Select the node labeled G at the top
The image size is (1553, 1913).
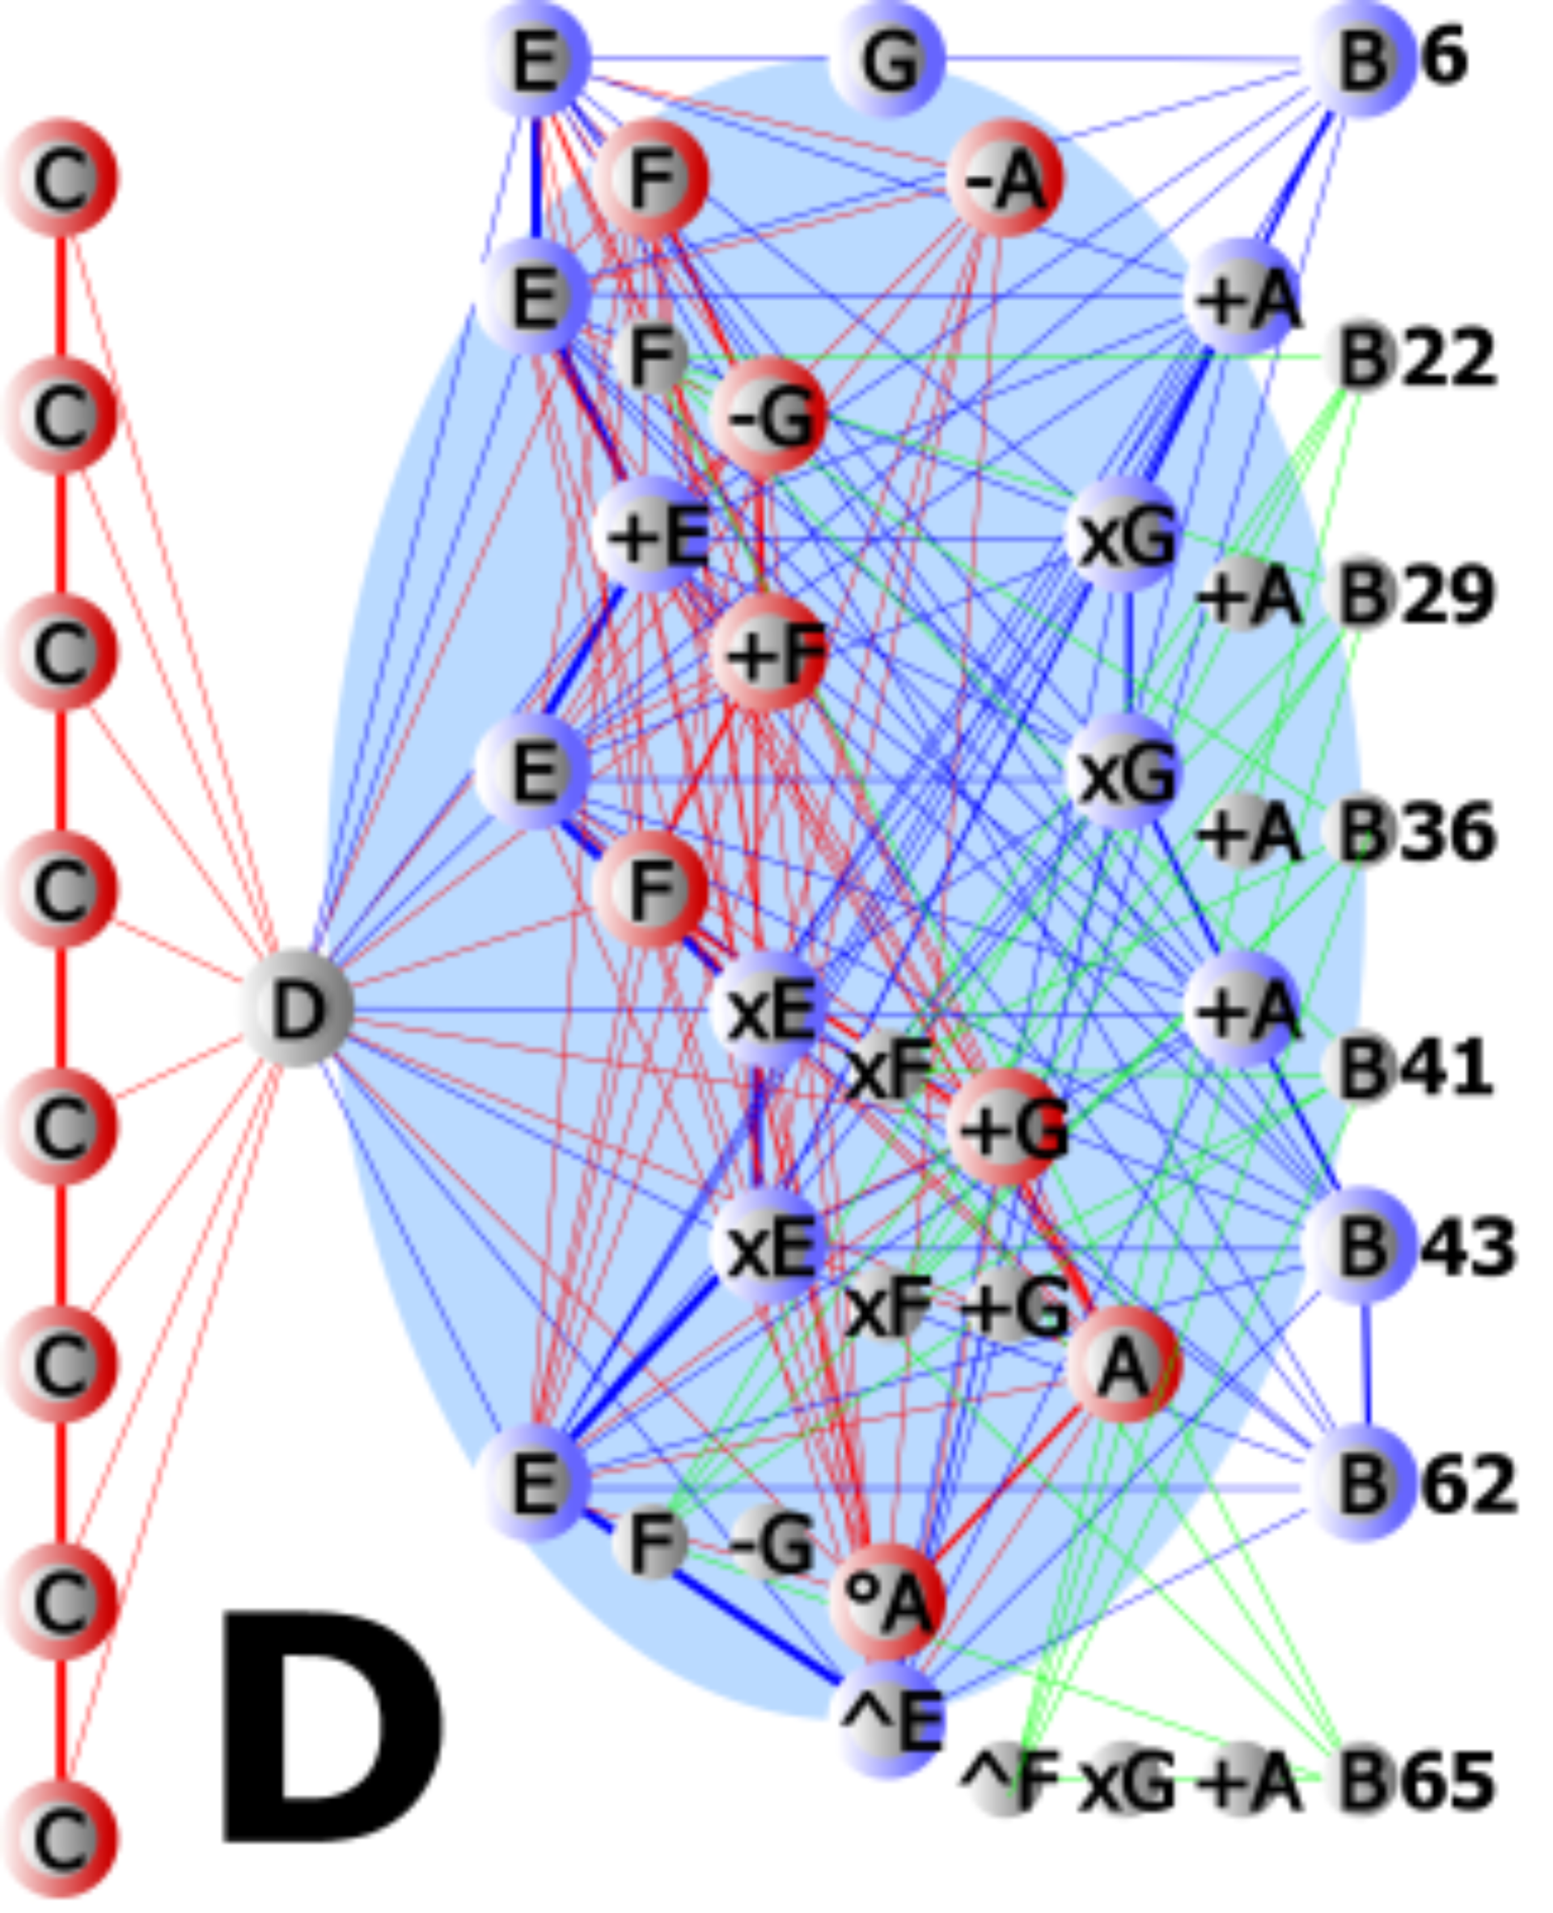click(x=887, y=59)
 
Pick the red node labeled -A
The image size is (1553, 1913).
click(x=1005, y=179)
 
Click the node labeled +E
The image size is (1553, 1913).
click(x=653, y=535)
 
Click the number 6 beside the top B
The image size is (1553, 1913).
click(x=1443, y=57)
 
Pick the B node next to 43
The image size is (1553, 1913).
click(x=1361, y=1245)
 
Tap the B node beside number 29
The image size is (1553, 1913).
click(x=1361, y=594)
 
